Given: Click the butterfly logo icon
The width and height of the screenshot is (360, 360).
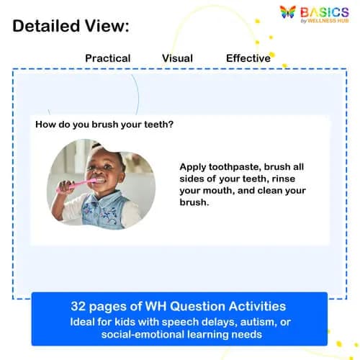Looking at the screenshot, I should click(x=287, y=12).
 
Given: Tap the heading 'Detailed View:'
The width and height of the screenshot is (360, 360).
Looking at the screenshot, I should click(x=71, y=27).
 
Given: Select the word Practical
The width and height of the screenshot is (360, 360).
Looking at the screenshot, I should click(x=108, y=58).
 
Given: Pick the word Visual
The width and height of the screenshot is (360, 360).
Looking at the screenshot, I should click(x=177, y=58).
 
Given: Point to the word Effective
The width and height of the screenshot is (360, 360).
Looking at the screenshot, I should click(x=248, y=58).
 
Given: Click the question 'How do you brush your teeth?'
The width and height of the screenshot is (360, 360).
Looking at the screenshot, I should click(x=104, y=124).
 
